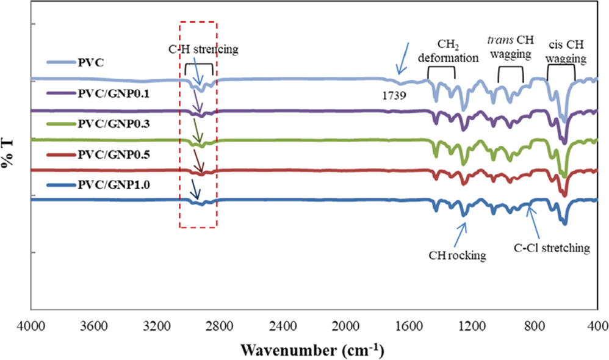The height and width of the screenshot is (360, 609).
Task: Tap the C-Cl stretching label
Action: [550, 248]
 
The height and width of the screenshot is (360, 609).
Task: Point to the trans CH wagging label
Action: [511, 49]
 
